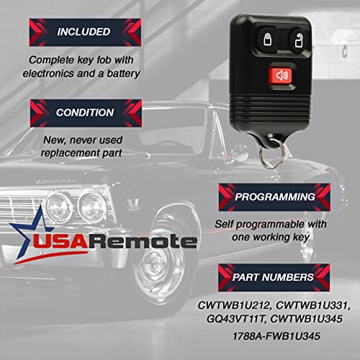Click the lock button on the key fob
[x=267, y=39]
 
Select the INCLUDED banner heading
[x=85, y=32]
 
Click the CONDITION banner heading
[x=86, y=113]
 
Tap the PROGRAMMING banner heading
[x=274, y=197]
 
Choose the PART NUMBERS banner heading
[x=274, y=277]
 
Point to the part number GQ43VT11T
[x=236, y=319]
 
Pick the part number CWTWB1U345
[x=306, y=319]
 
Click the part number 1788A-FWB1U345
[x=276, y=336]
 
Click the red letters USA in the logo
[x=60, y=241]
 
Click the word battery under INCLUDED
[x=123, y=73]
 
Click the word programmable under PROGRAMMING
[x=271, y=225]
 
